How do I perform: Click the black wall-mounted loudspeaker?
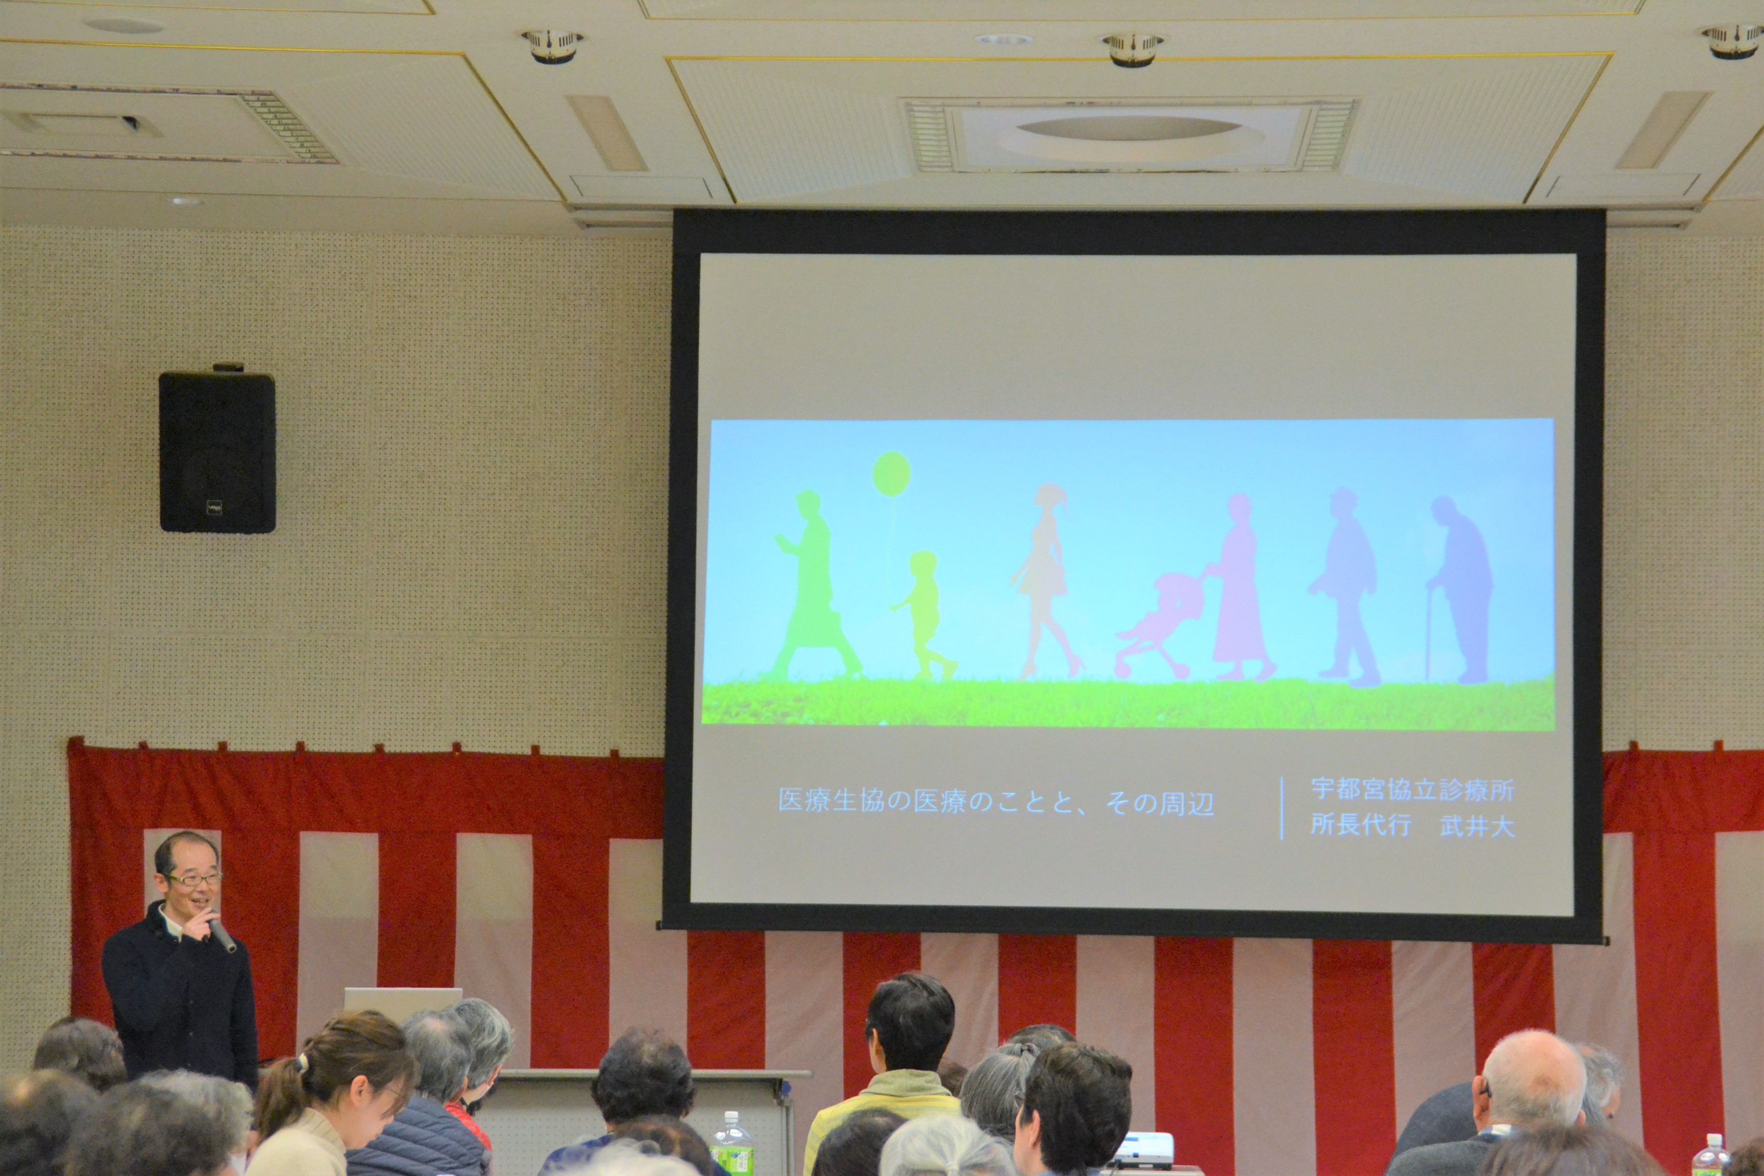point(217,451)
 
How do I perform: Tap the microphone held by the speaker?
point(221,934)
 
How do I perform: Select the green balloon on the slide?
point(892,473)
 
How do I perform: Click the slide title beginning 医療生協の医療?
point(996,802)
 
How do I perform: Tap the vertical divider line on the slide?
point(1282,808)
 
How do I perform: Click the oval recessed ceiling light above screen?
point(1128,128)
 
